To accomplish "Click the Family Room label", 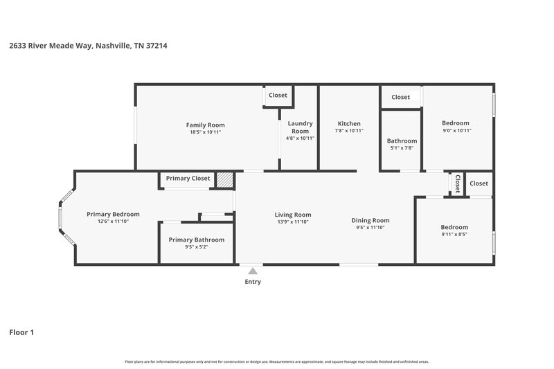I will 206,125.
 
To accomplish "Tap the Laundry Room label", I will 300,127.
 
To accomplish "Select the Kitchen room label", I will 348,123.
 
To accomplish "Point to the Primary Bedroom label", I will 113,214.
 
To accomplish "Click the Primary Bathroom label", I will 197,240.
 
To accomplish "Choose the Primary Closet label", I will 188,179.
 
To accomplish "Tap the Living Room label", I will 293,215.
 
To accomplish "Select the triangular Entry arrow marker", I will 253,271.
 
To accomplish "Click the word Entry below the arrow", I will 253,282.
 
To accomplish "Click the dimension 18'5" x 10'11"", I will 206,132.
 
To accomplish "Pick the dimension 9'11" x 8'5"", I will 455,234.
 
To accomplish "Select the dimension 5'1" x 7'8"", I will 402,147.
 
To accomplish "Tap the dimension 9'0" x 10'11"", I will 456,130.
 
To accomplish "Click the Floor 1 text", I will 21,332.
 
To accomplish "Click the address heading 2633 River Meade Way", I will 88,46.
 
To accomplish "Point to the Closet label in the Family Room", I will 278,95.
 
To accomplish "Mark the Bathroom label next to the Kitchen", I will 402,141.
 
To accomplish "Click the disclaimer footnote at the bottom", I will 276,361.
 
